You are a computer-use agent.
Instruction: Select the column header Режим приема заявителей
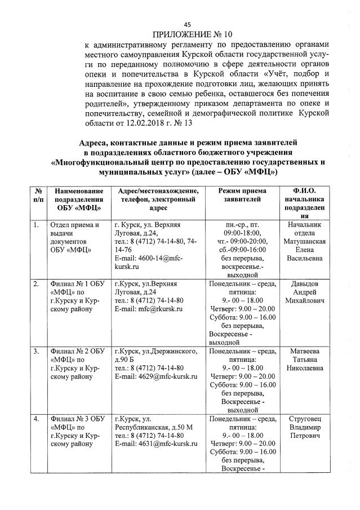click(242, 196)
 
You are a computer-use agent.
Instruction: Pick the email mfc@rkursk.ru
click(149, 309)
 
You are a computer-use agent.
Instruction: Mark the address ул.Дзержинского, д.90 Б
click(155, 355)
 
